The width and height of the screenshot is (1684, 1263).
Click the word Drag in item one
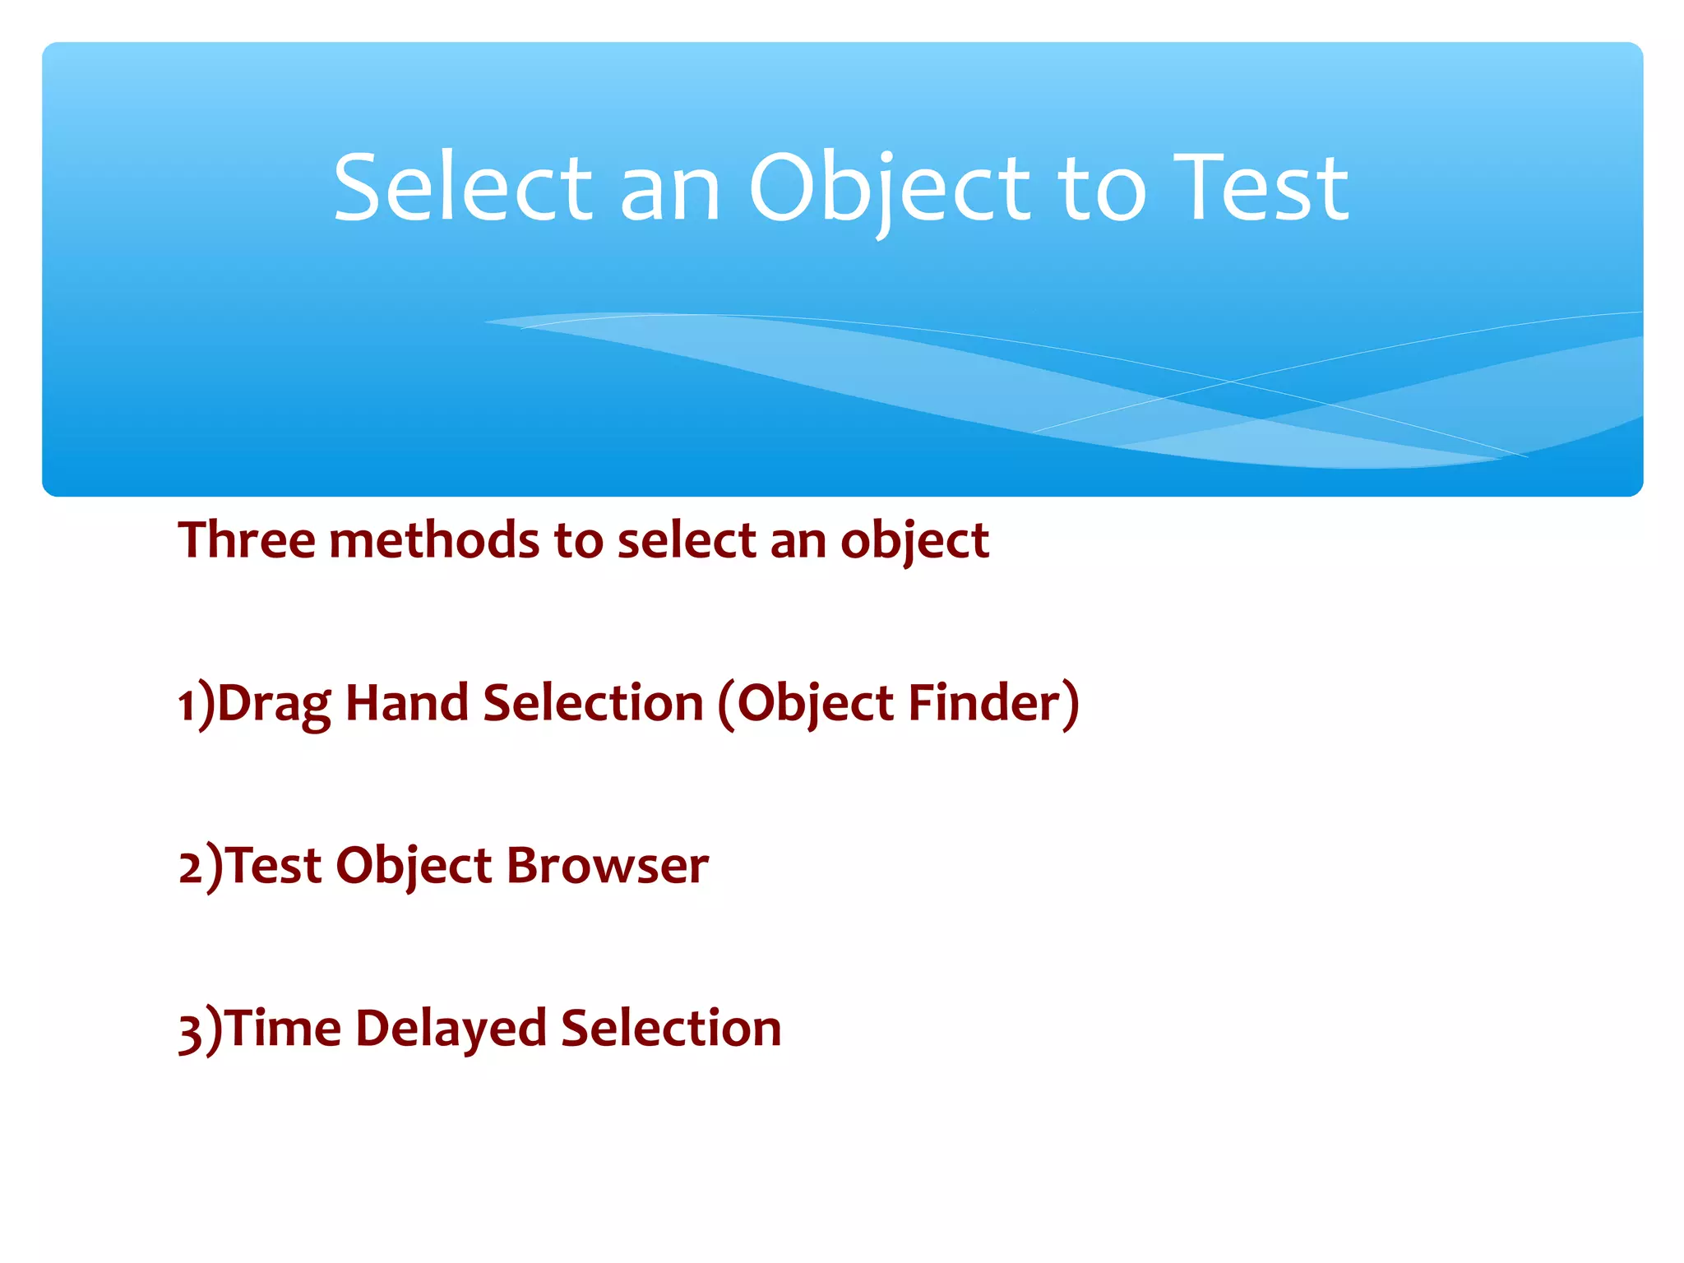tap(274, 705)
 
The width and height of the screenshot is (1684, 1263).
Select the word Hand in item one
tap(407, 703)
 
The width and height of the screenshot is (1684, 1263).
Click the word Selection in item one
tap(593, 703)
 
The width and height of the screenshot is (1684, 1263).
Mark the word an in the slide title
tap(669, 191)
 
